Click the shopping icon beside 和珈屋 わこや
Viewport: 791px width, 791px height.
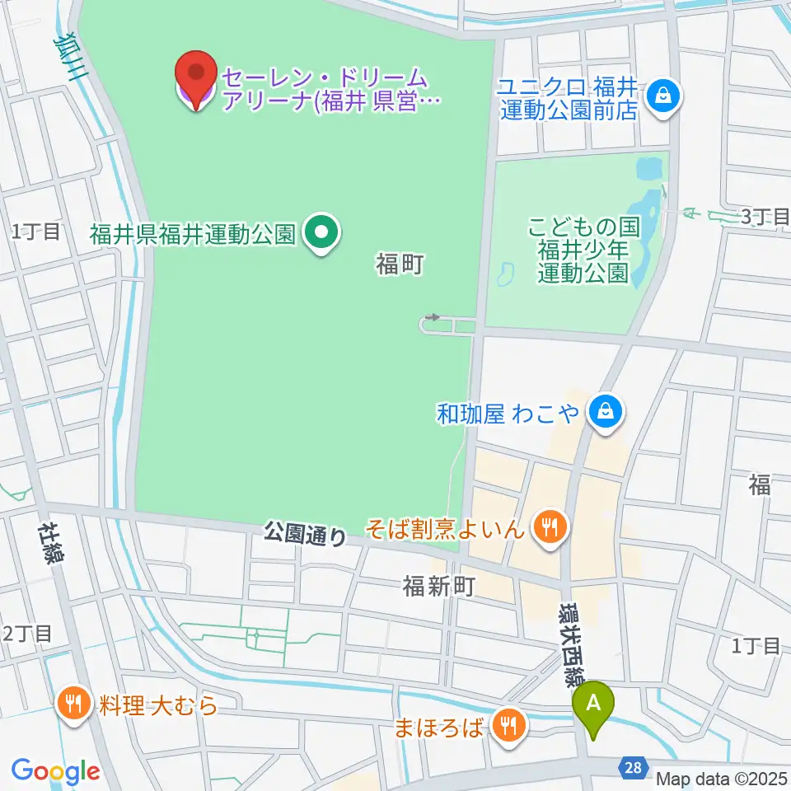tap(606, 412)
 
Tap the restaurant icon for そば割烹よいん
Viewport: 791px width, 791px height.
tap(547, 527)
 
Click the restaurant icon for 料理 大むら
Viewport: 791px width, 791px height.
tap(75, 704)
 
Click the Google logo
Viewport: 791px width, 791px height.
tap(55, 771)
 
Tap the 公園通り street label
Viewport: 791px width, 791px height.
tap(306, 535)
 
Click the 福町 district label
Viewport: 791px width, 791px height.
tap(400, 264)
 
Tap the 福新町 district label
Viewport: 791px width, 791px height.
tap(439, 586)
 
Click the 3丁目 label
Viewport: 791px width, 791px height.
tap(765, 218)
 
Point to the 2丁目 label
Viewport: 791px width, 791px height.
tap(28, 634)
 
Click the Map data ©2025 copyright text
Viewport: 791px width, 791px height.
tap(722, 778)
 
